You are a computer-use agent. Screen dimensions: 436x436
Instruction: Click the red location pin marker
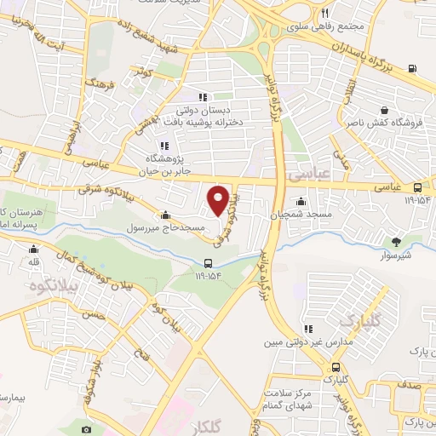click(x=219, y=199)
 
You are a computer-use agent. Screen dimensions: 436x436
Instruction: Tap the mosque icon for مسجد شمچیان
click(x=301, y=202)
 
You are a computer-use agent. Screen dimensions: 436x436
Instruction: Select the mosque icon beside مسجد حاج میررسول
click(x=163, y=215)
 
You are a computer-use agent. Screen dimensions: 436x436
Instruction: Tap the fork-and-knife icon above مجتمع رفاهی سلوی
click(x=325, y=14)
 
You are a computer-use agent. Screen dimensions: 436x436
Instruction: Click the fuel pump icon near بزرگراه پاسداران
click(x=413, y=69)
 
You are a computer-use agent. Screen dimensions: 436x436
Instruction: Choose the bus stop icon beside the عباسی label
click(x=417, y=187)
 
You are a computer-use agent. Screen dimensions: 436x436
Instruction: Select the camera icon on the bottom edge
click(x=86, y=429)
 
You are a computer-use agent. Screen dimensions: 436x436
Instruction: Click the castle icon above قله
click(x=33, y=250)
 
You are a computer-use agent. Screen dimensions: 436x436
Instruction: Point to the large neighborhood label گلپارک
click(x=358, y=320)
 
